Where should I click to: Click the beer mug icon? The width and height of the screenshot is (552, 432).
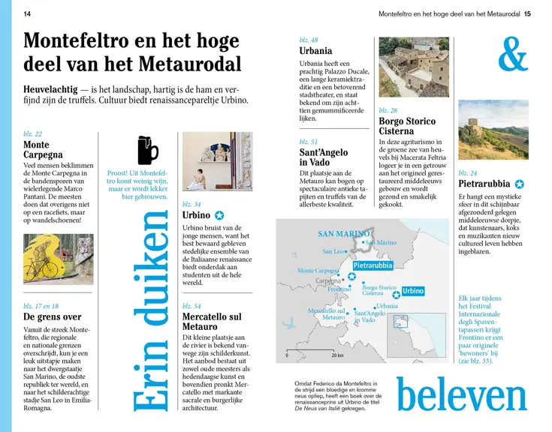147,149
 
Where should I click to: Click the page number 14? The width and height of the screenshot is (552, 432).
28,13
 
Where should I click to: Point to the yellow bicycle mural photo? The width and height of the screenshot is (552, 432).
58,259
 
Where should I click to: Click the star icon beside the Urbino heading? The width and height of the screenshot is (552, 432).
219,215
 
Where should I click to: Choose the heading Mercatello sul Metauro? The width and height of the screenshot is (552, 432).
212,322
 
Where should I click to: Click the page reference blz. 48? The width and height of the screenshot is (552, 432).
309,40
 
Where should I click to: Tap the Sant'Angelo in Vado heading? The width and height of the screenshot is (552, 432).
324,157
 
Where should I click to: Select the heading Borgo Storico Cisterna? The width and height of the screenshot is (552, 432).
407,126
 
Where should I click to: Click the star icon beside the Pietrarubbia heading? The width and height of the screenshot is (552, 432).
519,184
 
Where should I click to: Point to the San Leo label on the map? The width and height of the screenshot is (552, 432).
333,252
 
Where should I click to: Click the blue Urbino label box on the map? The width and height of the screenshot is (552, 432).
412,291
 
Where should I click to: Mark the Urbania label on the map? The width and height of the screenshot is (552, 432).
388,306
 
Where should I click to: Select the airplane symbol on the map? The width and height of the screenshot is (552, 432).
290,324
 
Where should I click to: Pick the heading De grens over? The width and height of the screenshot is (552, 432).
53,317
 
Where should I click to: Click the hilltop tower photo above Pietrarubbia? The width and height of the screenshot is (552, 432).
493,133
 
